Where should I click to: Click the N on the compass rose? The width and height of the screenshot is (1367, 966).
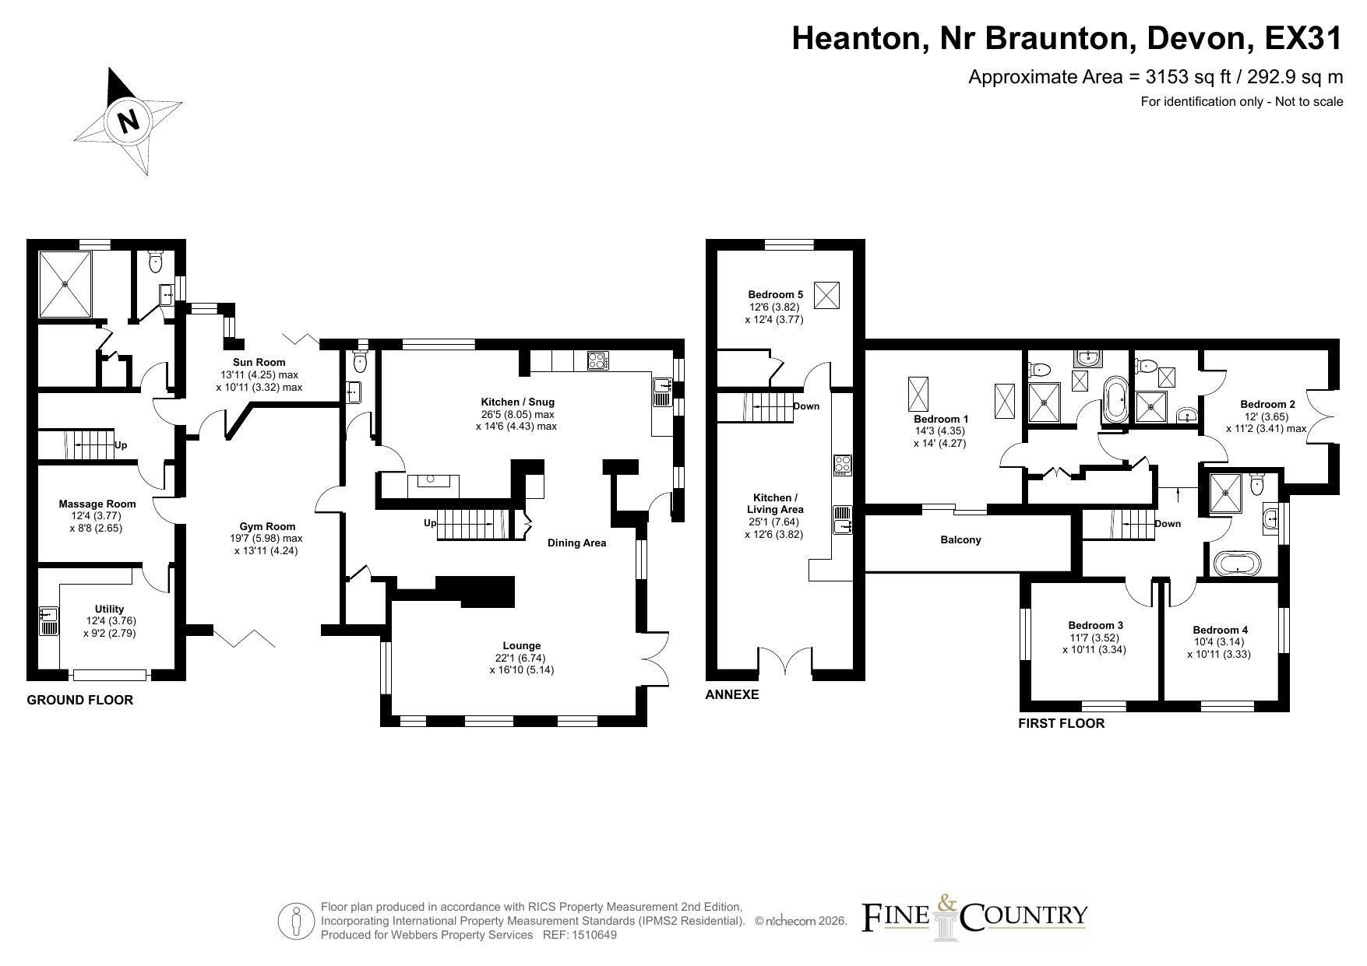128,121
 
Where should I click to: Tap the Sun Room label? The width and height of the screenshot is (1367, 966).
259,362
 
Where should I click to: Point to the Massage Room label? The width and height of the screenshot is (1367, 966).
97,504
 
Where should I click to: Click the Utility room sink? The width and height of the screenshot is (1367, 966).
48,620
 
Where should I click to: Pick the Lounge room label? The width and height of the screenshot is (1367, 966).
522,645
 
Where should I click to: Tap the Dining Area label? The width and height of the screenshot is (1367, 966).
576,543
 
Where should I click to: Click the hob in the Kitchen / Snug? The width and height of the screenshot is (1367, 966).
597,360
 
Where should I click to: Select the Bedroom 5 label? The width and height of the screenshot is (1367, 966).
775,294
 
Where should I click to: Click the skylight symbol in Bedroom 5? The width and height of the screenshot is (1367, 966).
826,295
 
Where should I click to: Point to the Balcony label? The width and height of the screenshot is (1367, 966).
960,539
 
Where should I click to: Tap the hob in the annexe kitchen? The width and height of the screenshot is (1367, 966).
843,465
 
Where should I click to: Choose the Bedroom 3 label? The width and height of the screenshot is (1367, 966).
1095,625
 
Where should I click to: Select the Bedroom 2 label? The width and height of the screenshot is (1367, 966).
1267,404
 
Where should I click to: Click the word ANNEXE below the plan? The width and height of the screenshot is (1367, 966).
731,694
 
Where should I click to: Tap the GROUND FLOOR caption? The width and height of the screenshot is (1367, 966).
80,700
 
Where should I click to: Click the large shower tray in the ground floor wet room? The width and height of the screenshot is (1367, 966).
65,284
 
